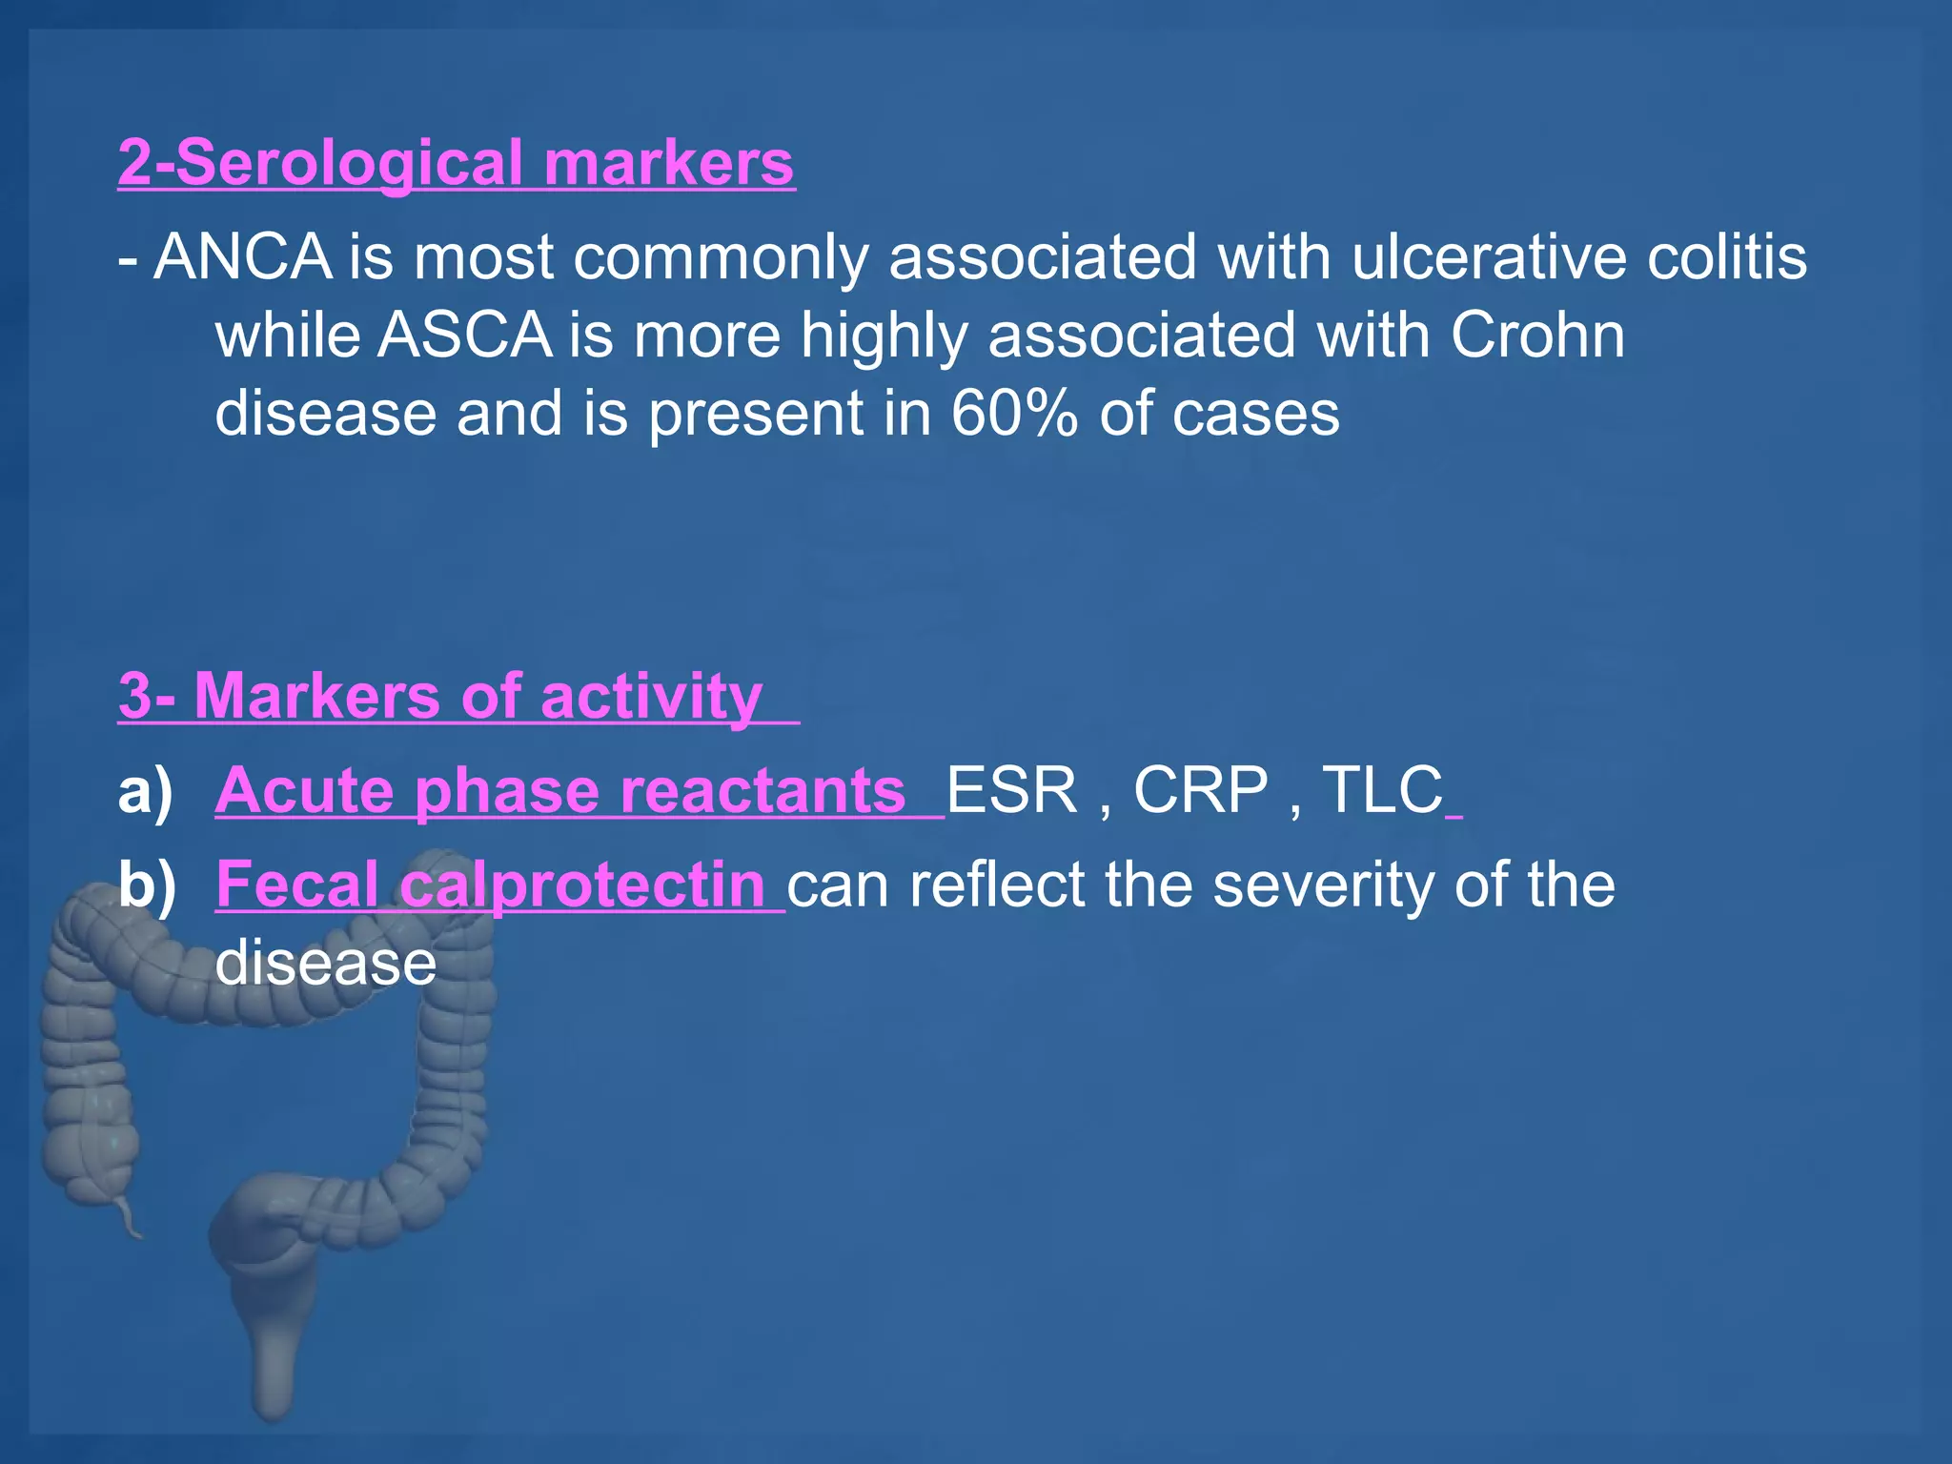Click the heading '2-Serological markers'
point(456,163)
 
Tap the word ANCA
point(242,257)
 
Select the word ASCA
point(464,335)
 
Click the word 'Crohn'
point(1537,335)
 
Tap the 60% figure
point(1014,414)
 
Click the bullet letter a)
point(146,790)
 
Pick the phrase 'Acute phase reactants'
point(560,790)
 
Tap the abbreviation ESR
point(1011,790)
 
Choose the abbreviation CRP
point(1200,790)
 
